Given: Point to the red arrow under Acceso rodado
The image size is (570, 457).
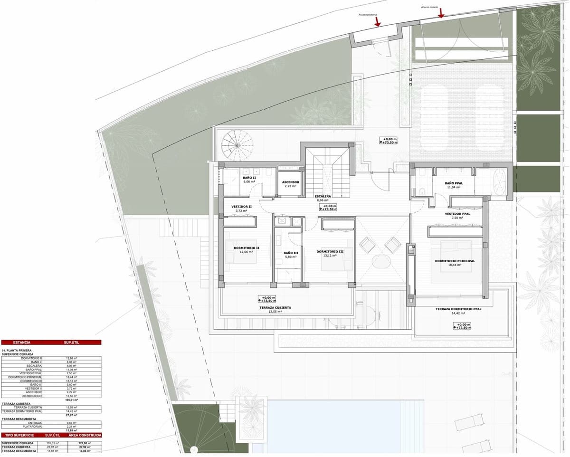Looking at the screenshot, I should [x=441, y=13].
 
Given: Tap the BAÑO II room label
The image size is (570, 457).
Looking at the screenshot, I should [x=249, y=177].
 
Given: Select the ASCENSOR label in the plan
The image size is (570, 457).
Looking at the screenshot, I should [x=290, y=182].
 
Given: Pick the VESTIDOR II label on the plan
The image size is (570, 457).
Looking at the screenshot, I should [x=241, y=207].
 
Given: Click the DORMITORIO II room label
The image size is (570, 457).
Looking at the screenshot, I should [x=246, y=248].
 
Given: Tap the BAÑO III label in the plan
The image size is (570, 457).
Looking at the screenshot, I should [x=290, y=253].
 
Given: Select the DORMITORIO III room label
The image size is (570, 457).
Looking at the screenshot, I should [x=330, y=251].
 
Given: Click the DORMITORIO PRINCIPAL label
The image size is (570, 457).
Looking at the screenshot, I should [x=455, y=261].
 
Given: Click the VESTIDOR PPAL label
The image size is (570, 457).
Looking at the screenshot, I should [x=457, y=214].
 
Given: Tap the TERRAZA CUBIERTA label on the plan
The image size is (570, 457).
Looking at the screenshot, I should [x=275, y=308].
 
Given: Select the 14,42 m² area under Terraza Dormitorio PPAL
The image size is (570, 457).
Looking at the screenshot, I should [x=458, y=314].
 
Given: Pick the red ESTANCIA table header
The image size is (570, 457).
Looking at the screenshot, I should [x=22, y=342].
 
